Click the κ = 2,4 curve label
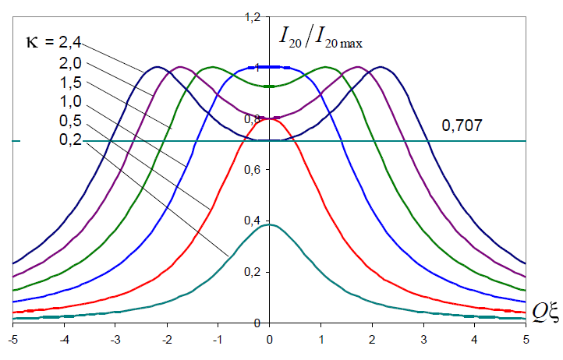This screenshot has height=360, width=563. coord(54,43)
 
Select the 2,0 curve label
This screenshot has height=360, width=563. coord(70,63)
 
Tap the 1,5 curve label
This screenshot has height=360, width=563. coord(70,83)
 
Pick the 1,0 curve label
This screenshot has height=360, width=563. coord(70,101)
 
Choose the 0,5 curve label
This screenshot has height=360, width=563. coord(70,121)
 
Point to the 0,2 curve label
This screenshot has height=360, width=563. coord(70,139)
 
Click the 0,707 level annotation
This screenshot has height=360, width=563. coord(462,125)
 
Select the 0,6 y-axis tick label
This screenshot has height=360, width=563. coord(252,169)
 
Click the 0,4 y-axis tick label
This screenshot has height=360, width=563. coord(252,221)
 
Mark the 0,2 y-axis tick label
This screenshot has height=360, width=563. coord(252,272)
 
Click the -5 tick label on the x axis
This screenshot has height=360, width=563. coord(12,340)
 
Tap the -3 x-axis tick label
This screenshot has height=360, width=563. coord(115,340)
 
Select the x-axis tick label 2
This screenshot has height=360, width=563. coord(372,340)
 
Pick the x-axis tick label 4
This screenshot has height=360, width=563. coord(475,340)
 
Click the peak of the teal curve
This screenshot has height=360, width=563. coord(269,224)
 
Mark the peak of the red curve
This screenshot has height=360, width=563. coord(269,118)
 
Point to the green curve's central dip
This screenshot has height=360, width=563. coord(269,86)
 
